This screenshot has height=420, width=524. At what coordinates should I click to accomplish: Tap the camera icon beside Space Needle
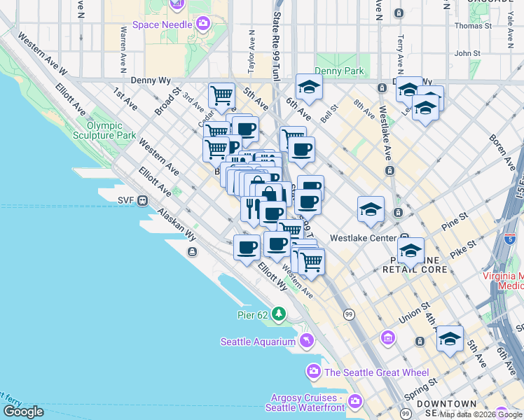click(203, 24)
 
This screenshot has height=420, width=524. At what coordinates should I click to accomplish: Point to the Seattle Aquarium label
click(257, 342)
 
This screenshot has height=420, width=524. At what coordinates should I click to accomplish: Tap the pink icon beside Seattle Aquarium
click(305, 342)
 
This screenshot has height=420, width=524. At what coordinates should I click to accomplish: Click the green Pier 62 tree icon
click(280, 314)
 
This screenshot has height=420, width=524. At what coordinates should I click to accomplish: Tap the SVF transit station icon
click(143, 200)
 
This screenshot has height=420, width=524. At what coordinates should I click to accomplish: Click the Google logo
click(23, 412)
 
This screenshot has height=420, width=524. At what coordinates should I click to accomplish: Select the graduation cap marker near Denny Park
click(308, 87)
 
